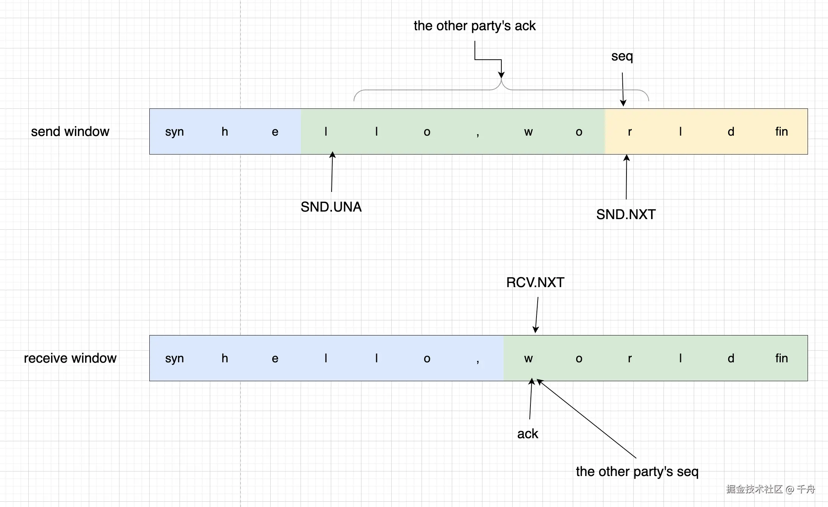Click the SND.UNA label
(x=331, y=207)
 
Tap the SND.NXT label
(x=626, y=215)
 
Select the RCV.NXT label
(x=535, y=283)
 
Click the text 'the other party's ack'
(x=474, y=26)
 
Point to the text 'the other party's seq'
(x=637, y=471)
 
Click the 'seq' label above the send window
(x=622, y=56)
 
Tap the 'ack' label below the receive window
(x=527, y=434)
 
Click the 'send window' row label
(x=70, y=131)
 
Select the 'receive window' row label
(x=70, y=358)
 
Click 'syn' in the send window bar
(x=174, y=131)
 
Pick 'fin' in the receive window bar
(x=781, y=358)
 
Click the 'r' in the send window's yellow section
(x=630, y=131)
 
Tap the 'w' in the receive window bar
(x=528, y=358)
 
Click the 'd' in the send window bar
(x=731, y=131)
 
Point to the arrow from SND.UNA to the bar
(x=332, y=172)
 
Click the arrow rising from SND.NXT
(x=626, y=177)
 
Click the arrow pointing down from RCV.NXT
(x=537, y=315)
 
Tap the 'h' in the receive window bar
(x=225, y=358)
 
